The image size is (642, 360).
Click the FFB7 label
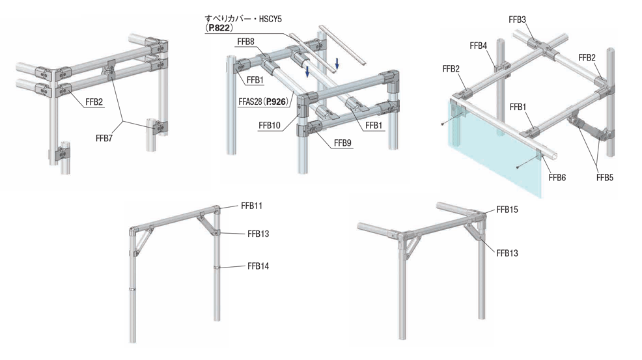(x=104, y=137)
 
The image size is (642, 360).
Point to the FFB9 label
(x=342, y=143)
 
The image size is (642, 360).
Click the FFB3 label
(x=517, y=20)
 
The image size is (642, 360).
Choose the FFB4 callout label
(x=478, y=45)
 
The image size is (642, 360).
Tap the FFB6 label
(x=557, y=177)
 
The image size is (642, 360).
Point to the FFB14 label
(x=258, y=266)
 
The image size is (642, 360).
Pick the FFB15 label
(x=507, y=210)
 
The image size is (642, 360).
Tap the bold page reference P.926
(x=273, y=102)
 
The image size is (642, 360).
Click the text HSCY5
(x=268, y=18)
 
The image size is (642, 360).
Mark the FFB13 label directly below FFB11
(x=258, y=234)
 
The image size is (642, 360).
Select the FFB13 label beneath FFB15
(x=507, y=253)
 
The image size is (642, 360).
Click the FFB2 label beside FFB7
(x=94, y=102)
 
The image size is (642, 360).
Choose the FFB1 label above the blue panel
(x=518, y=106)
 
